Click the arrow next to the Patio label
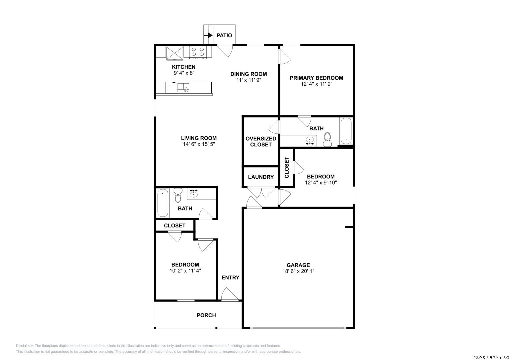pyautogui.click(x=208, y=35)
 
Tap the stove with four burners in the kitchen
pyautogui.click(x=198, y=52)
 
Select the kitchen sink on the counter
pyautogui.click(x=183, y=88)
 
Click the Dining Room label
pyautogui.click(x=249, y=74)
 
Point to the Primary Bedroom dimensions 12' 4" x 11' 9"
pyautogui.click(x=317, y=84)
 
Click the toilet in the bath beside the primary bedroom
pyautogui.click(x=327, y=139)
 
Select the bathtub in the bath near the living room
pyautogui.click(x=163, y=203)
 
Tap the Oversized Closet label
pyautogui.click(x=261, y=142)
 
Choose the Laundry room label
pyautogui.click(x=261, y=177)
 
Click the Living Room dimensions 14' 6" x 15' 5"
pyautogui.click(x=199, y=144)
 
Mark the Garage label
pyautogui.click(x=298, y=265)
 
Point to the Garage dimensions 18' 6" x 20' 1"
pyautogui.click(x=298, y=271)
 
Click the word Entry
pyautogui.click(x=230, y=277)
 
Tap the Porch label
pyautogui.click(x=206, y=315)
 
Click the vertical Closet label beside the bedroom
pyautogui.click(x=287, y=167)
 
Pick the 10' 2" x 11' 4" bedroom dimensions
pyautogui.click(x=185, y=271)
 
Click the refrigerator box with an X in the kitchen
pyautogui.click(x=175, y=53)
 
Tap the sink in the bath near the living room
pyautogui.click(x=194, y=193)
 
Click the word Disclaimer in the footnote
pyautogui.click(x=25, y=346)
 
